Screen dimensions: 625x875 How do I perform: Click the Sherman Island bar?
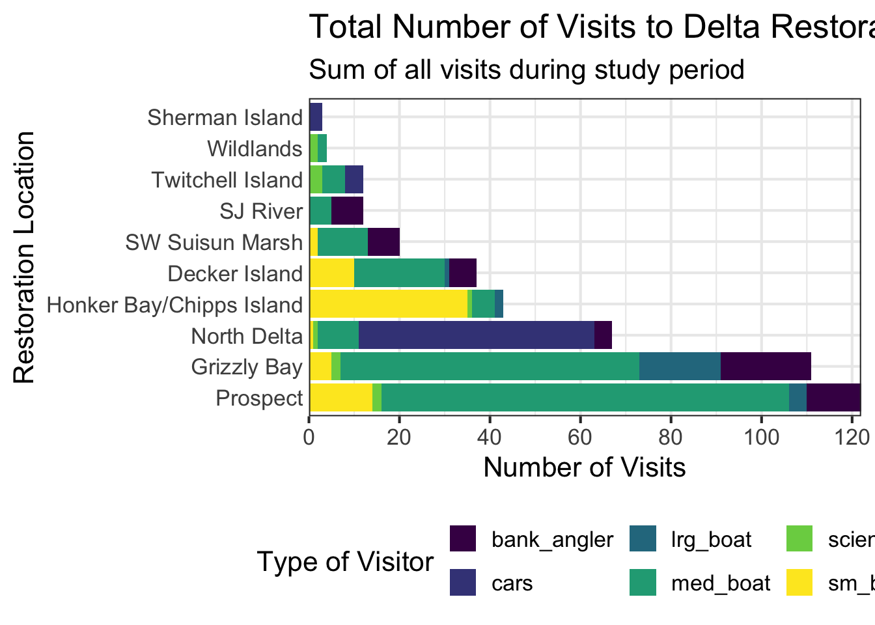316,117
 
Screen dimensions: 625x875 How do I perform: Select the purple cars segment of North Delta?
476,336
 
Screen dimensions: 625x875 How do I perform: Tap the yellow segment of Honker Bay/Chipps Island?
388,305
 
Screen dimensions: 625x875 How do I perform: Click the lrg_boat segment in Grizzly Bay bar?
680,367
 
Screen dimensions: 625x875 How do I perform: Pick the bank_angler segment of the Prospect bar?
833,398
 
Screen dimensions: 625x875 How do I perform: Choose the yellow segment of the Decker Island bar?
331,273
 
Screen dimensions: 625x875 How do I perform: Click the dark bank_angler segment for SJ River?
347,211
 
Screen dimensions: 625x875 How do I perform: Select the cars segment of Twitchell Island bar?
354,180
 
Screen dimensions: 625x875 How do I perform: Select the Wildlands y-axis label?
255,149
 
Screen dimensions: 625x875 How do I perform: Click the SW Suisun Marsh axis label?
214,243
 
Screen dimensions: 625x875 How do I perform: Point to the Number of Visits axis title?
584,467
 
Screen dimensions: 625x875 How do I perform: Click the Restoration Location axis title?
24,257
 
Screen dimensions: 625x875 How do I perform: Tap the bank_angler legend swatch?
464,539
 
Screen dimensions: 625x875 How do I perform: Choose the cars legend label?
512,583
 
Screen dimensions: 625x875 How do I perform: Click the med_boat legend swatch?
643,583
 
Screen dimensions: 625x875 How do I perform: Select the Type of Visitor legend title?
345,561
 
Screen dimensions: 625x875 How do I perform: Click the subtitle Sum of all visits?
526,69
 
